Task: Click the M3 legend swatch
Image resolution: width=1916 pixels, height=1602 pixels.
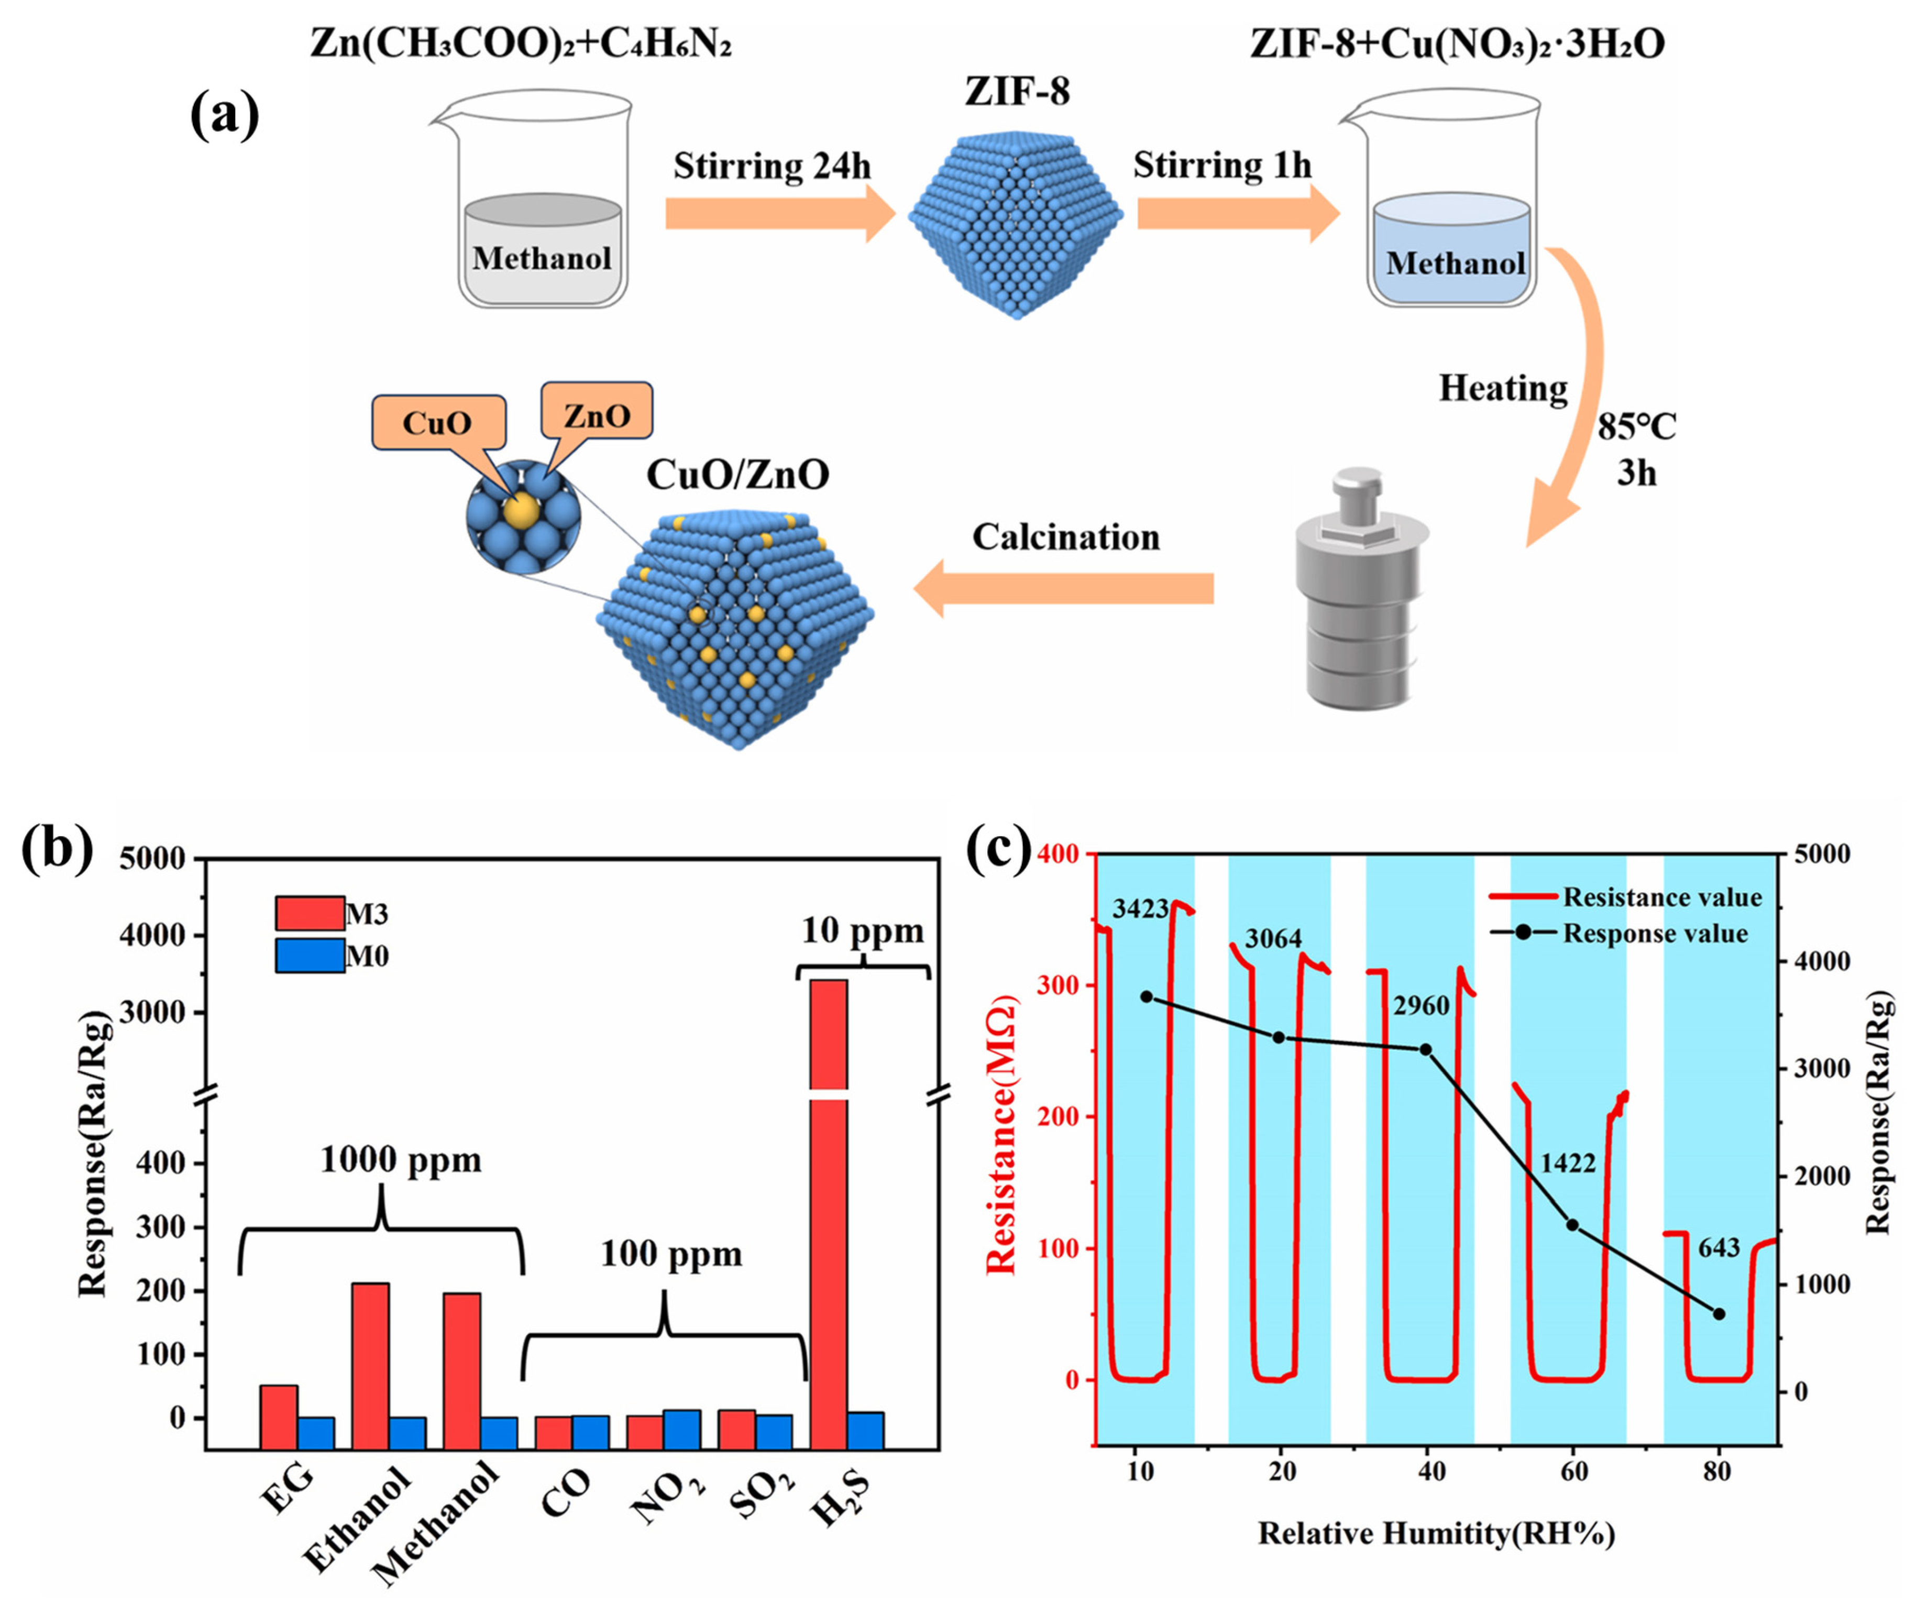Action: pyautogui.click(x=310, y=912)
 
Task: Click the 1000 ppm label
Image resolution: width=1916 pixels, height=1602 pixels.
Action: pyautogui.click(x=401, y=1160)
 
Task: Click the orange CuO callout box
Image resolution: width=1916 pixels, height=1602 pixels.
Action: pyautogui.click(x=438, y=422)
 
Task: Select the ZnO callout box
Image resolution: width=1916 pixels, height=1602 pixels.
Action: pyautogui.click(x=597, y=415)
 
